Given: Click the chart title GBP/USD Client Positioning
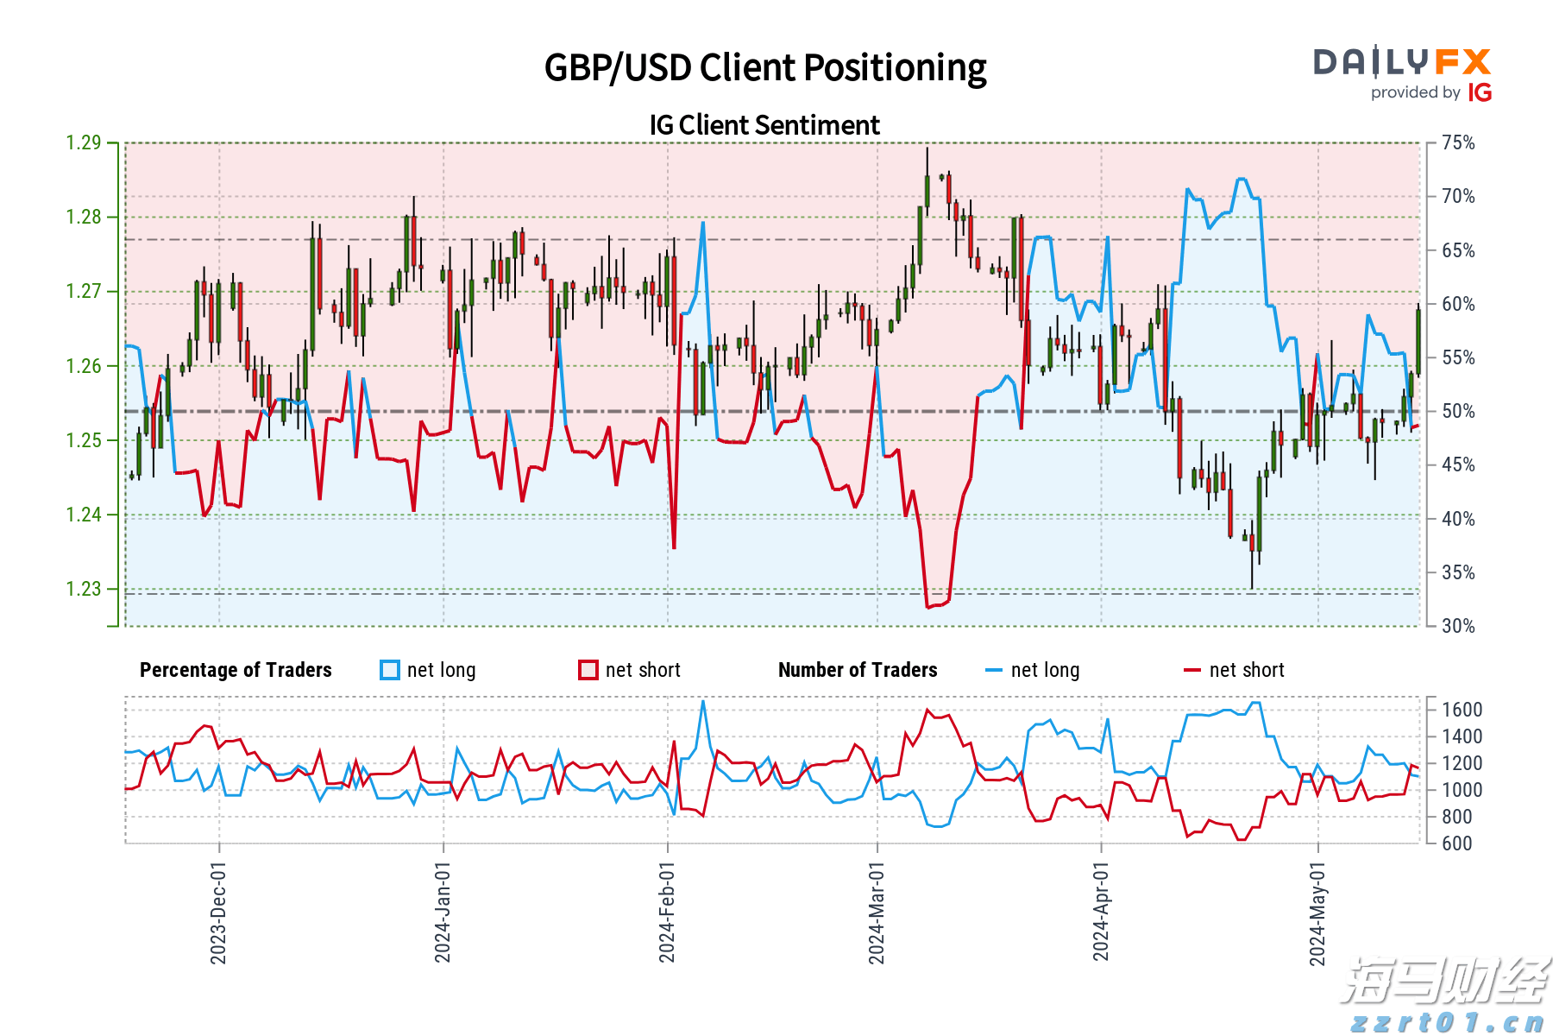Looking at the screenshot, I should [x=765, y=67].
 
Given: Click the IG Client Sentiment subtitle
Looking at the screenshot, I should [x=764, y=125].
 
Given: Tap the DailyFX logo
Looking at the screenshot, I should [x=1402, y=62].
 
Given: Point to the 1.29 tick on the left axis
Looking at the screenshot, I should [x=84, y=142].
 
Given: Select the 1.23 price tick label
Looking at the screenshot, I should [x=84, y=589].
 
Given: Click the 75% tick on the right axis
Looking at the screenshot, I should [x=1458, y=142].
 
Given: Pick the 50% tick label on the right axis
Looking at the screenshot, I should [x=1458, y=411].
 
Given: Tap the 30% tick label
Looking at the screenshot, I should [x=1458, y=626].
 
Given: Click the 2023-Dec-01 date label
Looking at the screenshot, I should [x=218, y=913].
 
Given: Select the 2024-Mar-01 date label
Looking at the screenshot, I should [x=877, y=913].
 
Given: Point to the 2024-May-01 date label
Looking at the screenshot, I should [x=1317, y=913].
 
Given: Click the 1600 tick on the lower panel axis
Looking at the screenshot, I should [x=1462, y=710].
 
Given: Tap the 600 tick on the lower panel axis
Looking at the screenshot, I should [x=1457, y=843].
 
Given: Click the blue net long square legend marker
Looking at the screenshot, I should [x=390, y=670].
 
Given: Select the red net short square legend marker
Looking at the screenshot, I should [x=588, y=670].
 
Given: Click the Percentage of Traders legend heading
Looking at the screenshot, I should [x=236, y=670].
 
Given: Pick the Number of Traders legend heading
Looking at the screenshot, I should [x=858, y=670].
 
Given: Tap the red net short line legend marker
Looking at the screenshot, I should [x=1192, y=670].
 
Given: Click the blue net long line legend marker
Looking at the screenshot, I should [x=994, y=670].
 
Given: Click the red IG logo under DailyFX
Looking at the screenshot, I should [x=1480, y=92].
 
